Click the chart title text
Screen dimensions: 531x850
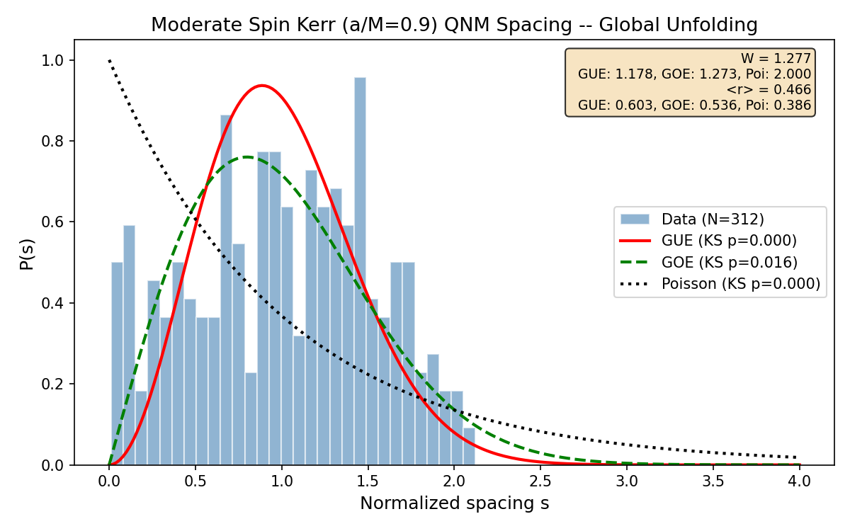click(454, 25)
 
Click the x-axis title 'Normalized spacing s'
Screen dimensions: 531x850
click(454, 503)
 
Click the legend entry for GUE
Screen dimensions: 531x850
click(729, 240)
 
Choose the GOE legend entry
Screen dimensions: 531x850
click(729, 262)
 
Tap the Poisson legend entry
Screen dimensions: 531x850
click(740, 284)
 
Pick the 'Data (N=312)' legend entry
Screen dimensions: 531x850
click(713, 218)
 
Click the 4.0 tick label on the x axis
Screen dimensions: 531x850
click(800, 481)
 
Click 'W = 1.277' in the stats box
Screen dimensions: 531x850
click(776, 59)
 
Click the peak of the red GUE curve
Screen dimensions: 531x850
click(262, 86)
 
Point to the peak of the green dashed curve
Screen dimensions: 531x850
click(246, 157)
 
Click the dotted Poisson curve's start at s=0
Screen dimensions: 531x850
click(109, 61)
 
